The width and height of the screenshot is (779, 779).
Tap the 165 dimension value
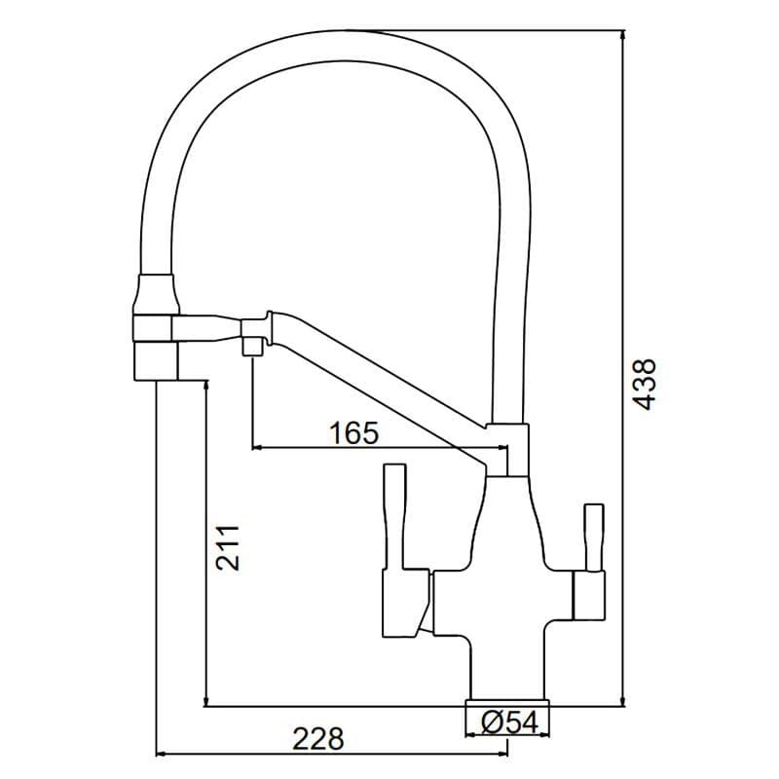352,432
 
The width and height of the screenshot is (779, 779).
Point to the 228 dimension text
318,738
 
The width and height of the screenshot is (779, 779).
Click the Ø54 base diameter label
509,722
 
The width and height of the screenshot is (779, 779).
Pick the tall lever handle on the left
395,516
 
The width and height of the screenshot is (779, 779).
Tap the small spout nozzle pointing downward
250,346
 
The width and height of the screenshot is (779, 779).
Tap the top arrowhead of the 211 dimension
204,384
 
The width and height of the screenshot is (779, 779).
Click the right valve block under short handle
589,596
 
